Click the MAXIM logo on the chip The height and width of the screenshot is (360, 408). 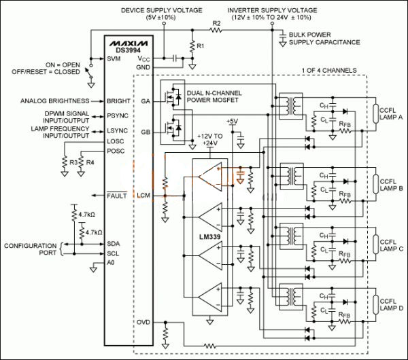click(129, 43)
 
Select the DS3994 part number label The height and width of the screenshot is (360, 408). click(128, 50)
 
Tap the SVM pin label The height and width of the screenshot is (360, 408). click(114, 58)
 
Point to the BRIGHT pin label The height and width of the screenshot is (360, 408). click(118, 101)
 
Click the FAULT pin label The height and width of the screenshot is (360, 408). click(117, 196)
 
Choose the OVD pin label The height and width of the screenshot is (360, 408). click(143, 323)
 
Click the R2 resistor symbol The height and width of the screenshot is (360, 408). click(216, 31)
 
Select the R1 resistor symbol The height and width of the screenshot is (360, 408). click(192, 46)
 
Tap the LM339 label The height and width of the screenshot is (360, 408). click(209, 237)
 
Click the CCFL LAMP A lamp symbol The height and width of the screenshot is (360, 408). click(375, 113)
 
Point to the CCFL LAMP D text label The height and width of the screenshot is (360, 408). click(392, 305)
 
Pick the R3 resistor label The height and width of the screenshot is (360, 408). click(73, 162)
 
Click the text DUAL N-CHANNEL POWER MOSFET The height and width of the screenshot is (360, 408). click(214, 96)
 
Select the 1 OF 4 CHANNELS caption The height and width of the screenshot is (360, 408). click(329, 70)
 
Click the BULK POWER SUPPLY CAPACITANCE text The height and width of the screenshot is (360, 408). click(324, 39)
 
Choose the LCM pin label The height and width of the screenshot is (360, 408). click(143, 195)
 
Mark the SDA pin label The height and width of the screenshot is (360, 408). click(114, 244)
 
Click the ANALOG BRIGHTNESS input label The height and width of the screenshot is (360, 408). click(54, 101)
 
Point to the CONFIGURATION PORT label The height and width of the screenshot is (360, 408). click(30, 249)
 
